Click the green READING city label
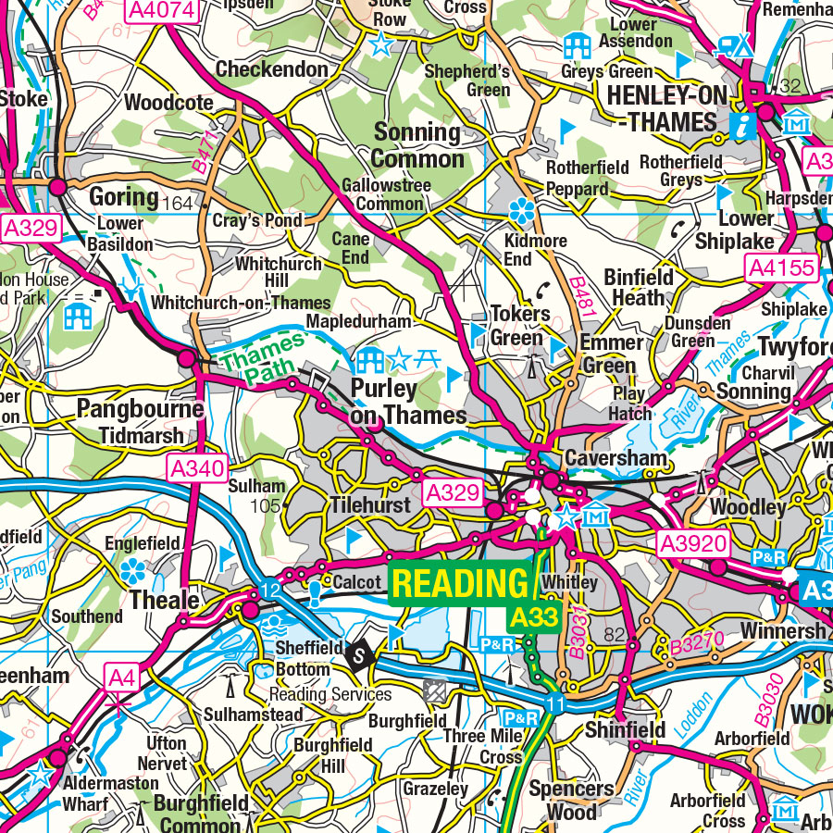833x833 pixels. (460, 583)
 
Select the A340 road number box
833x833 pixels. (197, 469)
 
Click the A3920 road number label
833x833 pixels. (693, 543)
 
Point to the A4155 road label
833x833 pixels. (782, 269)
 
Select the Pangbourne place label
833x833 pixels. (140, 409)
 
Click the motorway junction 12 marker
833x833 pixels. (269, 591)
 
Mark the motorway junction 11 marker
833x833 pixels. (553, 703)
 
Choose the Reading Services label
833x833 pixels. (330, 694)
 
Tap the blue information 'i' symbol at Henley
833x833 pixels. (741, 126)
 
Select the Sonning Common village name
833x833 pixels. (419, 145)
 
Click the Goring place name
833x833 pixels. (124, 197)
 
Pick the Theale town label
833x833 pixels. (165, 601)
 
